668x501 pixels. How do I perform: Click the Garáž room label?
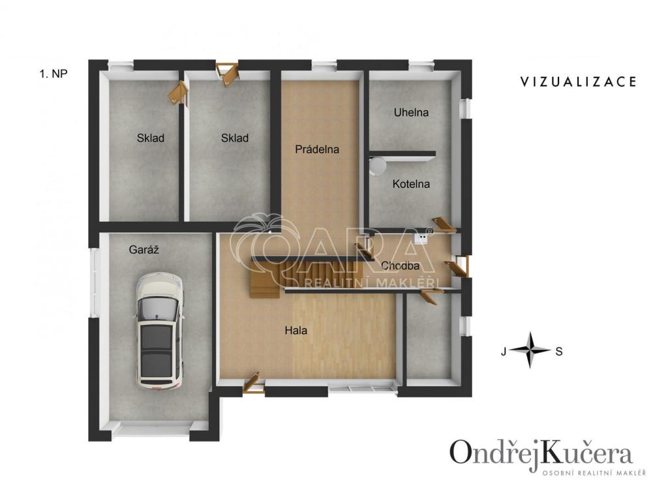(x=144, y=250)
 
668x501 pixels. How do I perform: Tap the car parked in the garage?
(x=160, y=332)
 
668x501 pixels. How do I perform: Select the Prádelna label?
(x=317, y=149)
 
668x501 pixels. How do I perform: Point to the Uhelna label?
(x=411, y=112)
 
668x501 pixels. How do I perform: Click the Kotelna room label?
(x=411, y=184)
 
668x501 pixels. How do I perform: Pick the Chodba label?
(x=400, y=266)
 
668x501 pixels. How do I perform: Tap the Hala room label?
(x=296, y=330)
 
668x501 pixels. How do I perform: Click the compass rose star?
(x=530, y=350)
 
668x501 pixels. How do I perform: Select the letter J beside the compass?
(x=504, y=352)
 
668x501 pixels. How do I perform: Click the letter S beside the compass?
(x=559, y=352)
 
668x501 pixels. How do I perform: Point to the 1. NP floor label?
(x=53, y=74)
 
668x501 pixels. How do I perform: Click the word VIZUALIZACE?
(x=579, y=82)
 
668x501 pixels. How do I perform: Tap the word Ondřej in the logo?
(x=494, y=454)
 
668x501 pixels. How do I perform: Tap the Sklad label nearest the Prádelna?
(x=235, y=138)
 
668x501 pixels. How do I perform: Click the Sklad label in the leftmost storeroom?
(x=151, y=138)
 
